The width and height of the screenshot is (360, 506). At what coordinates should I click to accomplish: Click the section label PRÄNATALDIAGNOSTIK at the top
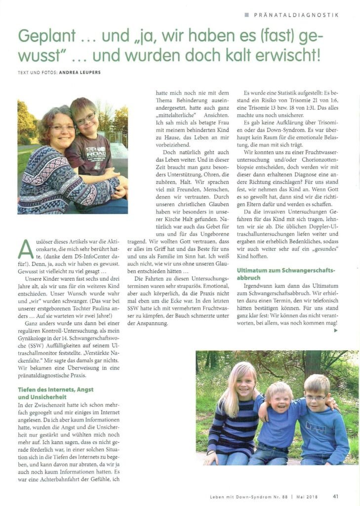(296, 15)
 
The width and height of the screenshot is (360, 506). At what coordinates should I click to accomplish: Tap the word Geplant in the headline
(41, 37)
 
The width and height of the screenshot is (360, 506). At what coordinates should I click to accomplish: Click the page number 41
(336, 496)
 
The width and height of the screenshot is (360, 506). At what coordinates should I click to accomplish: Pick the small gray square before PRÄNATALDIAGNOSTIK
(246, 15)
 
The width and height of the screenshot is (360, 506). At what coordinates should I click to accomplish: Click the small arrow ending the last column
(336, 331)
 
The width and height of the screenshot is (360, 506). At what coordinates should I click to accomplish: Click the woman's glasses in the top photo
(63, 127)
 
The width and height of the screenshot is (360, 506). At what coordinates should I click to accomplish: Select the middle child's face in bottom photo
(279, 396)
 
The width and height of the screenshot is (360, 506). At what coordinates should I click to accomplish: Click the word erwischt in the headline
(284, 54)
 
